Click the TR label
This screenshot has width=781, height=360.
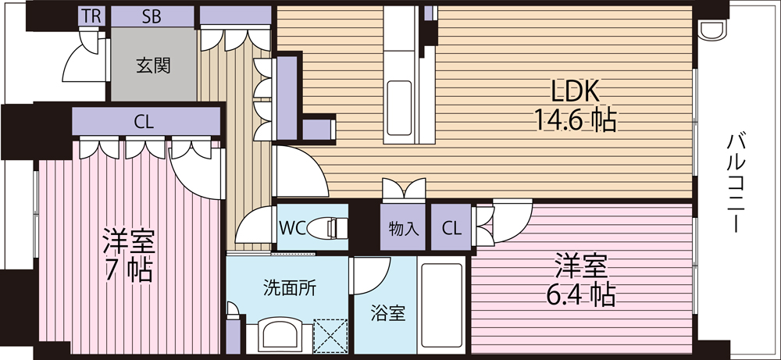coord(91,16)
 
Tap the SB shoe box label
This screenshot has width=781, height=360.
coord(152,16)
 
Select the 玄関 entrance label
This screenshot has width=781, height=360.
coord(153,66)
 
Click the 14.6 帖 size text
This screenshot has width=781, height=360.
coord(576,119)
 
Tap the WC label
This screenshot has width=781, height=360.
coord(292,228)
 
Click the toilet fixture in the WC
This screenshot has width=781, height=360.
coord(327,229)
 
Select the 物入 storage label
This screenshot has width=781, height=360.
coord(403,229)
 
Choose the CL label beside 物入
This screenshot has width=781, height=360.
coord(451,229)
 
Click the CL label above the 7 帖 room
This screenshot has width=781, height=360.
coord(144,122)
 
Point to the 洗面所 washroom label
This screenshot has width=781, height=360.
coord(290,288)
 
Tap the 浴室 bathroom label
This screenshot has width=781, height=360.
coord(387,313)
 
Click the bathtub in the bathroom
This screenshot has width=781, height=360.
coord(441,305)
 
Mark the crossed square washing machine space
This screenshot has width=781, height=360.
coord(330,336)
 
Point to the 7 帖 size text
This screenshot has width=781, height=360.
coord(128,270)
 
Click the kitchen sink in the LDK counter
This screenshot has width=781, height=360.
coord(399,108)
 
